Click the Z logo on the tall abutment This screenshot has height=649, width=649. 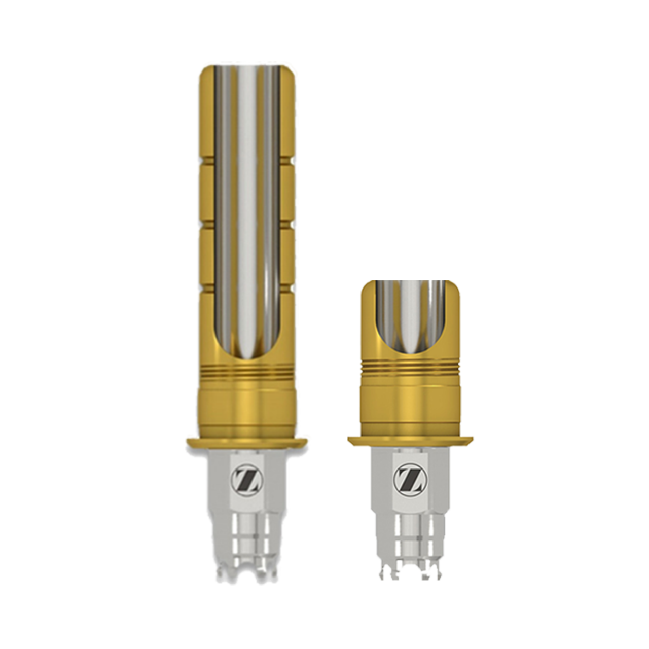245,478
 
